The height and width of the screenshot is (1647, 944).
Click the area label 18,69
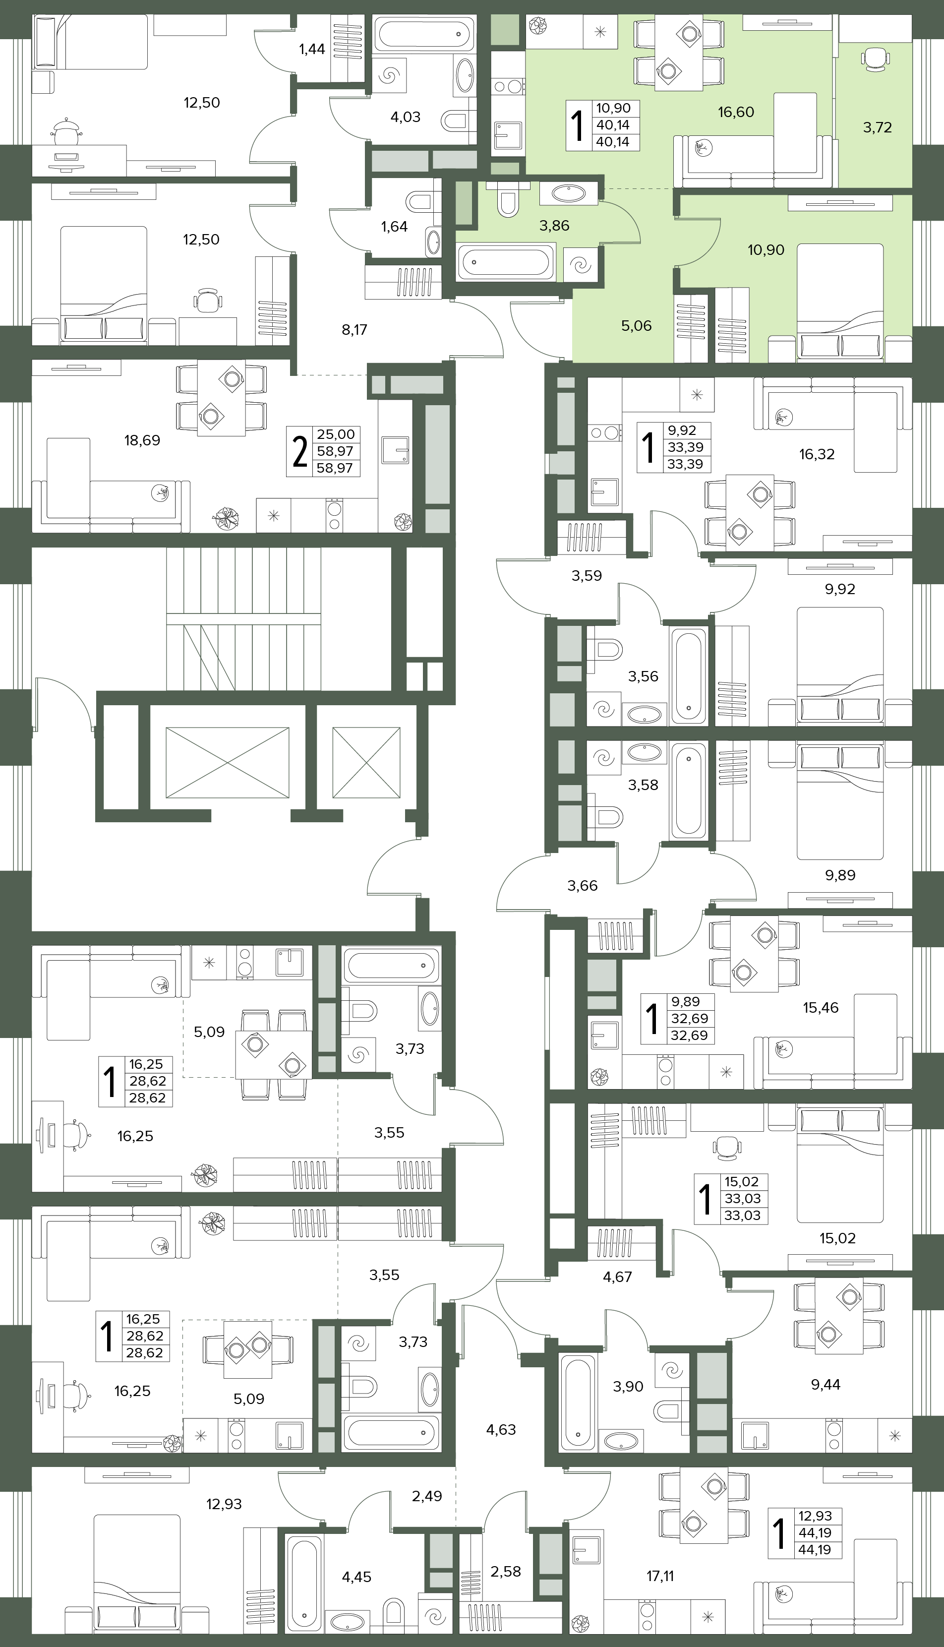142,440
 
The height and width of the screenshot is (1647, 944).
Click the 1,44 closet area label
312,49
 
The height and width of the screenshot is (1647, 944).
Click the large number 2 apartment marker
299,452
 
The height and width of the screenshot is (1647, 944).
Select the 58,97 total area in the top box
335,451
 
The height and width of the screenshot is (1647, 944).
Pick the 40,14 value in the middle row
613,125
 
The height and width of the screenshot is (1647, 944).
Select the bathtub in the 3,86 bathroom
506,262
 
